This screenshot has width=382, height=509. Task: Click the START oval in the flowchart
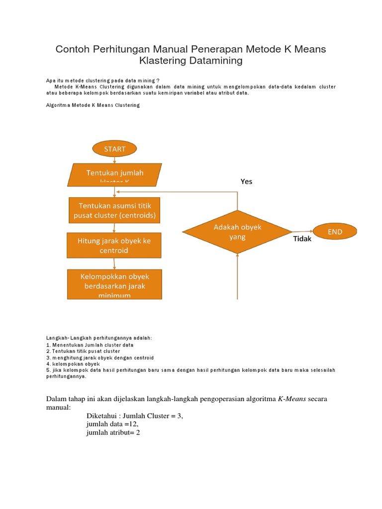pyautogui.click(x=114, y=149)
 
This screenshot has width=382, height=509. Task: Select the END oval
pyautogui.click(x=334, y=232)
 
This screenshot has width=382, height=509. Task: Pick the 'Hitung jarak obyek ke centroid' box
pyautogui.click(x=114, y=245)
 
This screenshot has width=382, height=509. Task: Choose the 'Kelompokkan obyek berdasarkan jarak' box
pyautogui.click(x=114, y=284)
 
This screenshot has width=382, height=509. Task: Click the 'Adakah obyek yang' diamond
pyautogui.click(x=237, y=232)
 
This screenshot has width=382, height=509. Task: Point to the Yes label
pyautogui.click(x=246, y=181)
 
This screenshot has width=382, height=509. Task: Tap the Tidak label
pyautogui.click(x=302, y=239)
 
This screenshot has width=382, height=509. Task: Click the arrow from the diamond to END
pyautogui.click(x=302, y=231)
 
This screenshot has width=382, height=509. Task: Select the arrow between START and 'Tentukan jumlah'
pyautogui.click(x=115, y=160)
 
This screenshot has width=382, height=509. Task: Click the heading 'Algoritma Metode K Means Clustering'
pyautogui.click(x=93, y=105)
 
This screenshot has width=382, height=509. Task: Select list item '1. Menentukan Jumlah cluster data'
pyautogui.click(x=90, y=344)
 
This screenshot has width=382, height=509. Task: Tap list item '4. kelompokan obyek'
pyautogui.click(x=73, y=364)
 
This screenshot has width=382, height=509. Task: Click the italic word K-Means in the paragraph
pyautogui.click(x=292, y=399)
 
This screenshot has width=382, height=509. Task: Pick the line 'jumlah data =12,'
pyautogui.click(x=112, y=424)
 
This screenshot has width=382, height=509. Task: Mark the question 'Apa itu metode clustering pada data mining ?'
pyautogui.click(x=103, y=81)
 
